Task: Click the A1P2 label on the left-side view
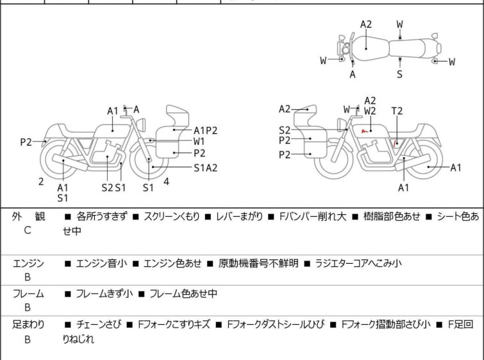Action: tap(206, 130)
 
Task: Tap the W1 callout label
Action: tap(199, 141)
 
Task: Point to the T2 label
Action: tap(397, 111)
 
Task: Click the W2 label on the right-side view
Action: tap(370, 111)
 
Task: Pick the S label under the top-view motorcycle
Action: tap(399, 74)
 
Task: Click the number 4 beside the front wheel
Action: tap(166, 182)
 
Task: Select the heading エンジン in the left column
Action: tap(28, 263)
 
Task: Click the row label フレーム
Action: tap(28, 294)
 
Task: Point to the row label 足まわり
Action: tap(28, 325)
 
